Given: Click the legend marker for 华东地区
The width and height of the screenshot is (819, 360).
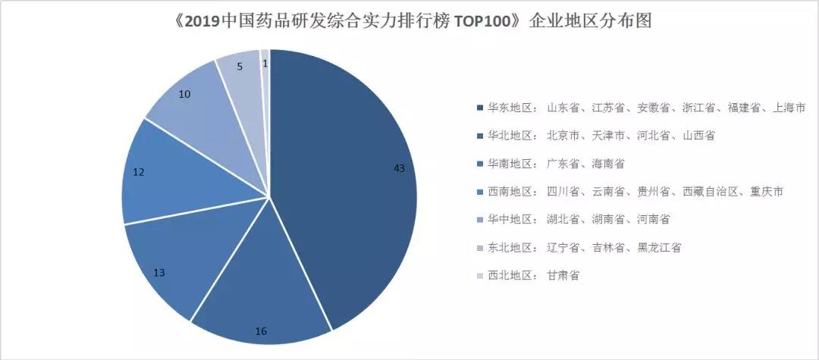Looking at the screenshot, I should (479, 108).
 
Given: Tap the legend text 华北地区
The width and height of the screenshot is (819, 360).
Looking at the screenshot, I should (510, 136).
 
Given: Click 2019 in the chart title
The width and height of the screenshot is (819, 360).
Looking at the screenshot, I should (199, 21).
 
